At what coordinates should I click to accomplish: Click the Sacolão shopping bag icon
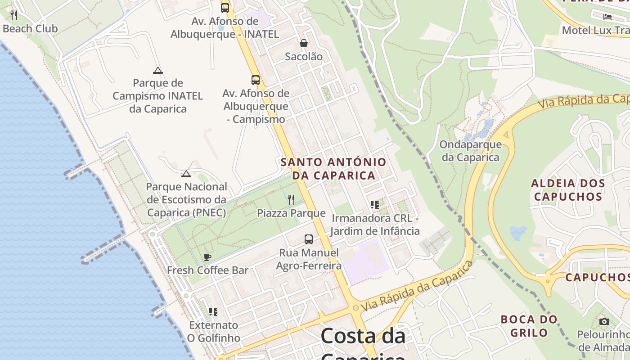pos(304,43)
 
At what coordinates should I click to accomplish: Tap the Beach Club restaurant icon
pos(14,15)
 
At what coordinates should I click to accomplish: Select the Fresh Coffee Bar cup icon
pos(207,257)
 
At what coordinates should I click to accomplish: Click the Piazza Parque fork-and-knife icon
pos(291,199)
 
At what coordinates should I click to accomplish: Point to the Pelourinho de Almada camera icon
pos(604,321)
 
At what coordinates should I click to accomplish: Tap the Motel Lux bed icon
pos(607,17)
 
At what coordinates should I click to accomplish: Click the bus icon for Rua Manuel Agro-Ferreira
pos(308,239)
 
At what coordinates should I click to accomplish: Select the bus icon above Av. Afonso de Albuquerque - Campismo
pos(256,80)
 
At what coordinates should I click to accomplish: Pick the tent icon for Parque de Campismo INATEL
pos(157,70)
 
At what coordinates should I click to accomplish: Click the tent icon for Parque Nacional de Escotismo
pos(186,174)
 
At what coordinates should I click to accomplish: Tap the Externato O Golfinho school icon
pos(213,311)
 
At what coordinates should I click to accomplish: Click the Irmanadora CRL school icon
pos(375,205)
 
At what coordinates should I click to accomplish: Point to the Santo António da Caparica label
pos(333,169)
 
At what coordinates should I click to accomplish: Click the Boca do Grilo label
pos(529,326)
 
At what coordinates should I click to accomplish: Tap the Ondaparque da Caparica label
pos(470,151)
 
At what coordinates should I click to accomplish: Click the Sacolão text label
pos(304,57)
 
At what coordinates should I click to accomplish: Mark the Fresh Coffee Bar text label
pos(207,270)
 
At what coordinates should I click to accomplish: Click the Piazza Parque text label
pos(291,213)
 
